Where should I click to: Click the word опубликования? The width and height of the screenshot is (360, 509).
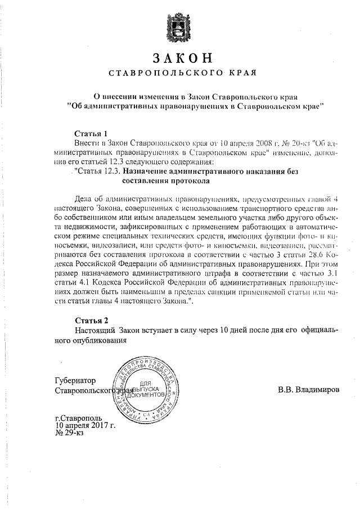coord(94,340)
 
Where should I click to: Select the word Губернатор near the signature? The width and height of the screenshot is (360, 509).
coord(75,380)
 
